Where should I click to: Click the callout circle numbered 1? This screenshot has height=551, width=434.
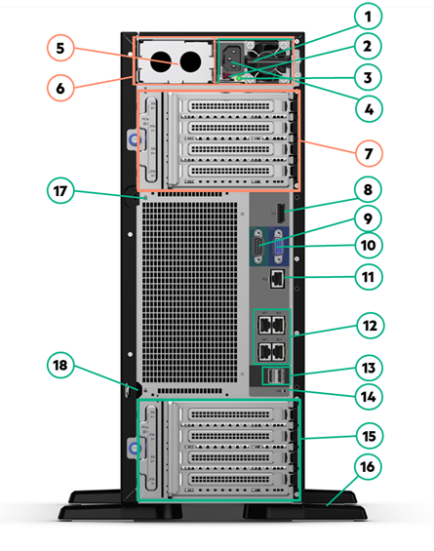tap(368, 17)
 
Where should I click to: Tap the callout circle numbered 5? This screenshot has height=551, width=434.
tap(60, 48)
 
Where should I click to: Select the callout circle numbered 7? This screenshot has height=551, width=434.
tap(369, 153)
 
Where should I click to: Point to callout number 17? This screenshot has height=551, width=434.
tap(60, 191)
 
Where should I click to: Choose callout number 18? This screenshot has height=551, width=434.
tap(60, 365)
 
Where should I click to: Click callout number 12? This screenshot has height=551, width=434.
tap(370, 326)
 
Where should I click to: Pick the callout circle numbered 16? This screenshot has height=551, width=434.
tap(368, 467)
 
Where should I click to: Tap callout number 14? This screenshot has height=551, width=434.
tap(369, 397)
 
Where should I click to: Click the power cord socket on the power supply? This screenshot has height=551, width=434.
tap(232, 59)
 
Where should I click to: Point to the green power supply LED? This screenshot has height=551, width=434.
tap(239, 78)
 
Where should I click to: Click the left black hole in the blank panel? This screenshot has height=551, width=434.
tap(161, 61)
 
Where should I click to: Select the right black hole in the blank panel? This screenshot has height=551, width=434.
tap(190, 61)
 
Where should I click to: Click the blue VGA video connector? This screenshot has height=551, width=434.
tap(278, 246)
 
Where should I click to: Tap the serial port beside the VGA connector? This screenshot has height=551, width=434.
tap(258, 246)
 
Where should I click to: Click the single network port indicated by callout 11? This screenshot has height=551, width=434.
tap(277, 279)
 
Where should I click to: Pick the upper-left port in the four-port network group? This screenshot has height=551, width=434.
tap(264, 325)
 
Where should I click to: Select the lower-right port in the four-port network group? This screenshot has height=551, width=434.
tap(278, 352)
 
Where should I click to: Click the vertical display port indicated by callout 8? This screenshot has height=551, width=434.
tap(281, 214)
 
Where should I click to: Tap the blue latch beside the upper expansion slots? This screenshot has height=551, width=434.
tap(135, 140)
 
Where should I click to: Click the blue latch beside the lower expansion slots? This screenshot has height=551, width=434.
tap(135, 448)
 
